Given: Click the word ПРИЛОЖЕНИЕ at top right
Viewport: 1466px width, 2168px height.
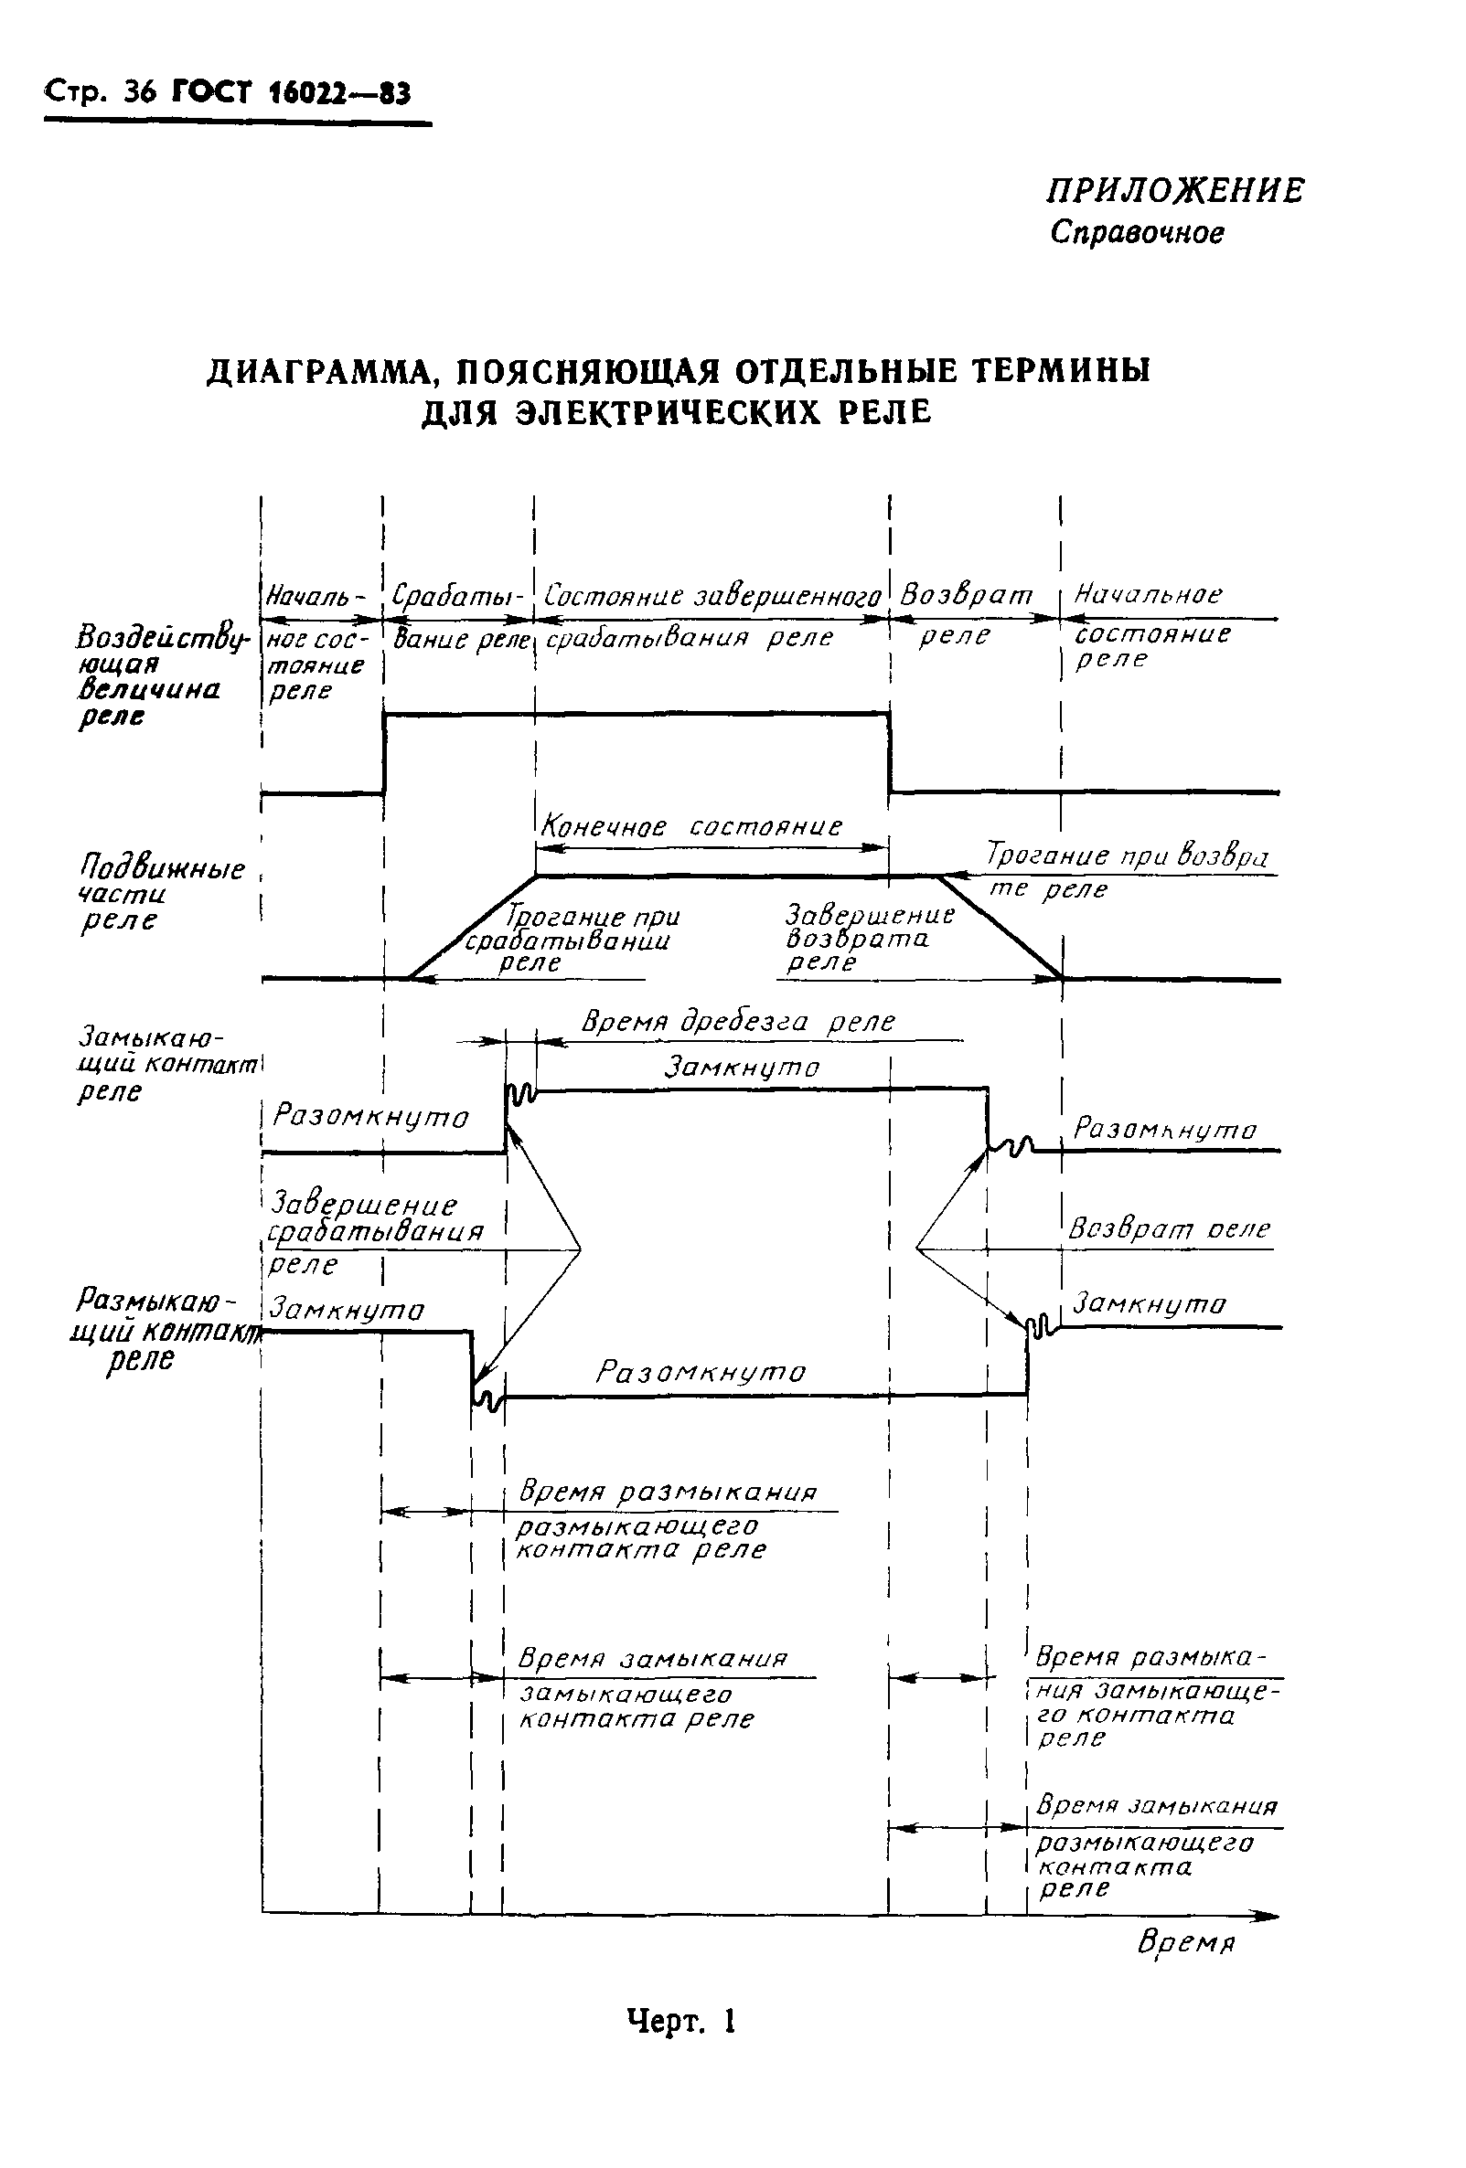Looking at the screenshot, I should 1174,190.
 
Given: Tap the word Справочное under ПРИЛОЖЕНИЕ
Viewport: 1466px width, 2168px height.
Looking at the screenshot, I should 1136,232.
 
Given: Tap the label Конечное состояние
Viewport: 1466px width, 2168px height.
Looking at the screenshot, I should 691,826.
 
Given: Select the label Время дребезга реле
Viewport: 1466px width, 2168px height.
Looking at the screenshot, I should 737,1021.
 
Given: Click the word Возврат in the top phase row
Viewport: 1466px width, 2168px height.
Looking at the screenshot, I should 966,594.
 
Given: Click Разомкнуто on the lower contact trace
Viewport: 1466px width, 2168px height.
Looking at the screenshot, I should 700,1371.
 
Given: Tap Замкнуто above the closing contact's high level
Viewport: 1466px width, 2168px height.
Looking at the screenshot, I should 741,1067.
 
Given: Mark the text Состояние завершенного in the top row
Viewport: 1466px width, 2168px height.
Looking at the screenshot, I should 712,595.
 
